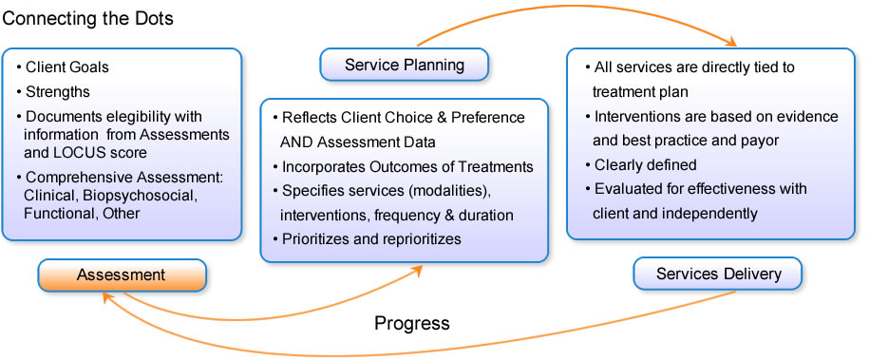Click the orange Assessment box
[122, 275]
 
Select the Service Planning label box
[405, 65]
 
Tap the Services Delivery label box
[718, 274]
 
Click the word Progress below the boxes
[412, 323]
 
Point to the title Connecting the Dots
[88, 19]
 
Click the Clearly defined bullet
[641, 164]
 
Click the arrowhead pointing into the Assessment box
[106, 296]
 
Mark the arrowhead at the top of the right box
[731, 42]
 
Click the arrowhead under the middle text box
[417, 270]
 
